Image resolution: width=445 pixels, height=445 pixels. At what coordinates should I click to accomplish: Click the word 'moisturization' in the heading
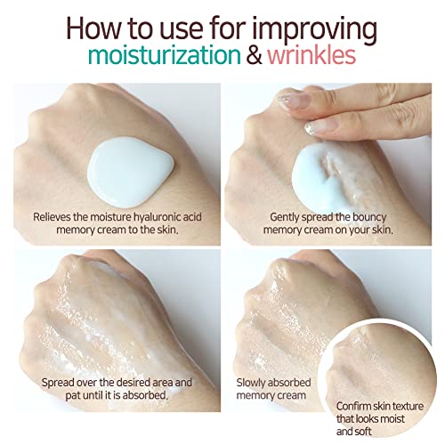165,55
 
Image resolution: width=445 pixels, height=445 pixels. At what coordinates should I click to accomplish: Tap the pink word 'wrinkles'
311,55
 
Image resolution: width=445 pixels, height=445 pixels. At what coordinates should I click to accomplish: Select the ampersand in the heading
255,55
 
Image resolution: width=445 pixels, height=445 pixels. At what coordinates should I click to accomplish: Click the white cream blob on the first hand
130,171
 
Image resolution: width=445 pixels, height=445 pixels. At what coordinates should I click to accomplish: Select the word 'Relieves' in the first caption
52,217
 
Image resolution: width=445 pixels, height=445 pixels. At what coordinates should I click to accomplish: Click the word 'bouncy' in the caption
369,218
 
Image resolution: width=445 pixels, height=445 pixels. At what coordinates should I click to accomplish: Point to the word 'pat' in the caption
73,395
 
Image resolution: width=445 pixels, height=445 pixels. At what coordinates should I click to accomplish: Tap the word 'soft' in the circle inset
363,432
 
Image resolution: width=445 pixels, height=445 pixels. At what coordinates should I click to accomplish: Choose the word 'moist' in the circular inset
392,419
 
